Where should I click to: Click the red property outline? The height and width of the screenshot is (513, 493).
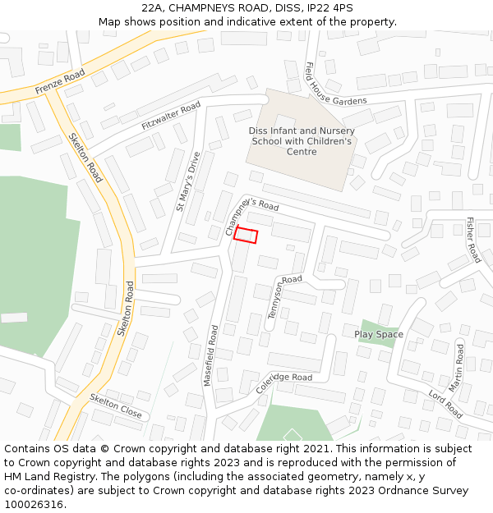tap(246, 236)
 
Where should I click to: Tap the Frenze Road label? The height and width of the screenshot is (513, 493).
tap(60, 81)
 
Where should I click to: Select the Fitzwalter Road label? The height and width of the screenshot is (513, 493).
tap(171, 116)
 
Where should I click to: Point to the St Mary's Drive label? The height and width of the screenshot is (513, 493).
tap(188, 181)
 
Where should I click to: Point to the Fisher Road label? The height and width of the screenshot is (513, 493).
tap(472, 239)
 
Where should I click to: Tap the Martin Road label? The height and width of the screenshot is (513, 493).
tap(457, 366)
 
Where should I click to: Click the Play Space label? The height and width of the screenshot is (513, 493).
tap(379, 334)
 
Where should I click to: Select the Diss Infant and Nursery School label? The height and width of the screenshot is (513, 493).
tap(302, 141)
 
